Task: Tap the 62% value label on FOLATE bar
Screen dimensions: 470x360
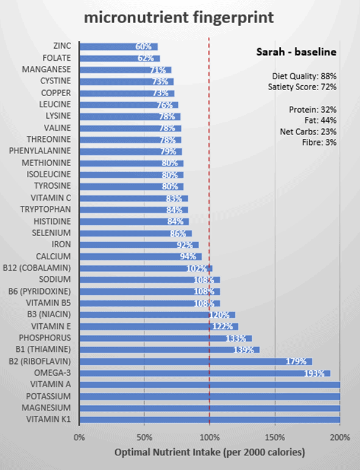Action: (145, 58)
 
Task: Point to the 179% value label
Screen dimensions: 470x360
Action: (295, 361)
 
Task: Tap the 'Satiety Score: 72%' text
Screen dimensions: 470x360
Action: (302, 87)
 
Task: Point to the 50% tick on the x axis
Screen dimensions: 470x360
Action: (144, 437)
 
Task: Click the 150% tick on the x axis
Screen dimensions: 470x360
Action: (275, 437)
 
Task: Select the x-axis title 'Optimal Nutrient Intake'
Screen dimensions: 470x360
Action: (210, 452)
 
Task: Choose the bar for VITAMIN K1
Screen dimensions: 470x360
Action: (210, 419)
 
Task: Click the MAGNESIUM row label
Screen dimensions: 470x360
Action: (49, 407)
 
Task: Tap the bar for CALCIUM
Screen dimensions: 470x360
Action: (140, 256)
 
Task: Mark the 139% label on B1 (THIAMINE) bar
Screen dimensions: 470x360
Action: (244, 349)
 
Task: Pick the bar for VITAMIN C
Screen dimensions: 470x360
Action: (133, 198)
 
